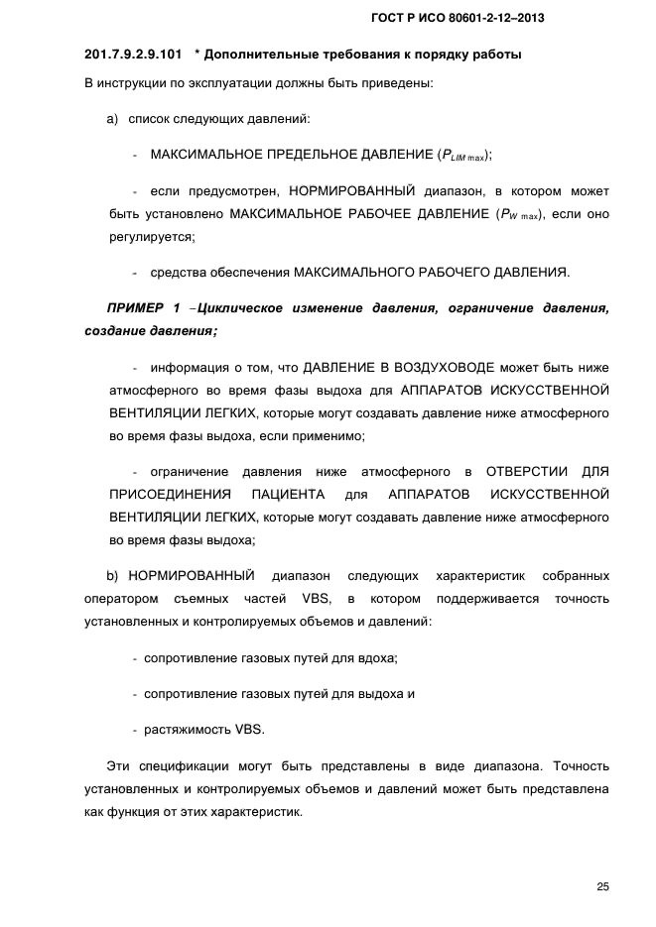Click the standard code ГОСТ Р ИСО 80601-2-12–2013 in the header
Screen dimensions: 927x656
point(459,19)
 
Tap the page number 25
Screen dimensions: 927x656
point(602,886)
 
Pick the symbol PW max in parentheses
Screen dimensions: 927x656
point(517,214)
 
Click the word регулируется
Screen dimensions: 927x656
point(152,237)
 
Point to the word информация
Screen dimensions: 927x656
point(184,368)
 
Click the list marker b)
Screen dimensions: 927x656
point(113,575)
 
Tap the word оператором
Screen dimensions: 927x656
point(122,598)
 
